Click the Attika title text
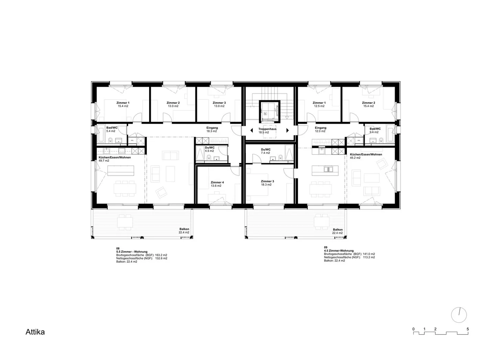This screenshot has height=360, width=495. pos(35,332)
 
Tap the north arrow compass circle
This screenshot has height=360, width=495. pos(459,314)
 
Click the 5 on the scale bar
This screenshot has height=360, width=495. pos(468,329)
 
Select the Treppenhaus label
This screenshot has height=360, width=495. pos(267,129)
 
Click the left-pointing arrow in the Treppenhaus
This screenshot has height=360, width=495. pos(252,130)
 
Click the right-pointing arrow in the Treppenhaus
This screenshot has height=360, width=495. pos(287,130)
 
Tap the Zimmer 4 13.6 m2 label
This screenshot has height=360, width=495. pos(217,184)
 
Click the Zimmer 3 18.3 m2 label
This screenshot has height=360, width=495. pos(267,183)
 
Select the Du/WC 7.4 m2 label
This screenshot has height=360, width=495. pos(265,151)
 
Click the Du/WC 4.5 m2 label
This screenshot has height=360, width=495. pos(209,149)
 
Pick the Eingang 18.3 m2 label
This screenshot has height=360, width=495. pos(212,129)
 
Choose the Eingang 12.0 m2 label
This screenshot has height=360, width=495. pos(320,129)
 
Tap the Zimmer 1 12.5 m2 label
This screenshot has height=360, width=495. pos(319,104)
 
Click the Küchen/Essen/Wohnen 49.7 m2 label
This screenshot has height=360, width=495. pos(114,159)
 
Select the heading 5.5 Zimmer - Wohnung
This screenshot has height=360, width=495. pos(132,252)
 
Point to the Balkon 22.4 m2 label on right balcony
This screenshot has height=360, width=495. pos(338,231)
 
